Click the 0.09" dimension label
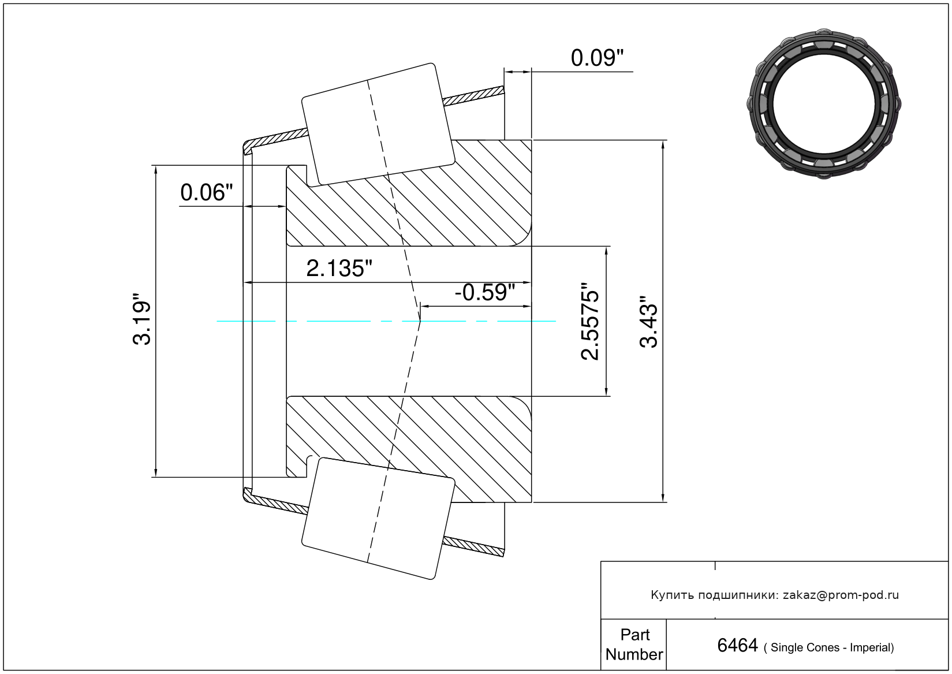click(x=597, y=58)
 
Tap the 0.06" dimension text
click(x=207, y=193)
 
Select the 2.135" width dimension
click(x=339, y=269)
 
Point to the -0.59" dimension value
click(x=485, y=293)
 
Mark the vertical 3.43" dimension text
click(x=648, y=322)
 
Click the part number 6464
click(x=737, y=646)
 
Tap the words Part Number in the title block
click(x=634, y=644)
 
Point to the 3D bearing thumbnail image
click(x=824, y=104)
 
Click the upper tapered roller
click(x=378, y=124)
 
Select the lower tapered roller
click(x=378, y=519)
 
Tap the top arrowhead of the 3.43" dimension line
click(x=663, y=146)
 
